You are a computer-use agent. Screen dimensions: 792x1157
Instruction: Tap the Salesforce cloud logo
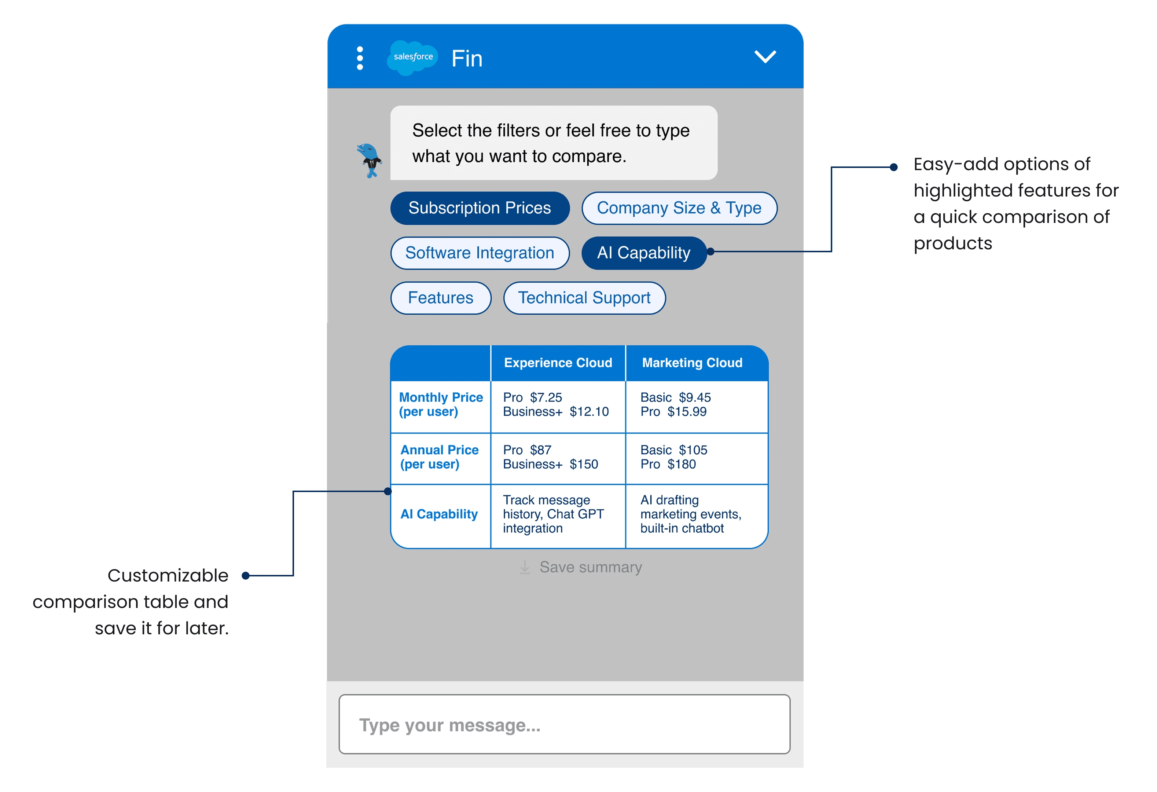[x=413, y=58]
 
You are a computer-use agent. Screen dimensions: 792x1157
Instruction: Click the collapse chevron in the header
[x=765, y=57]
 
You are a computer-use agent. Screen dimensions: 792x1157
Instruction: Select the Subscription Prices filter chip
[x=480, y=208]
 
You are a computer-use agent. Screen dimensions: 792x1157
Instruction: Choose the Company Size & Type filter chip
[x=679, y=208]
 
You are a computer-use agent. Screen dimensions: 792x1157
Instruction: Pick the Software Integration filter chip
[x=480, y=253]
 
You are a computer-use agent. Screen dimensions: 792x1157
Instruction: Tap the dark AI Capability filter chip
[x=644, y=253]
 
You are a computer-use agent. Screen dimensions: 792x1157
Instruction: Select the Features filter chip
[x=441, y=298]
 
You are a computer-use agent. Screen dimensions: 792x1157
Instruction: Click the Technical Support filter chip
[x=584, y=298]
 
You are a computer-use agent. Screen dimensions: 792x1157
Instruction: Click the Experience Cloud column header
[x=558, y=363]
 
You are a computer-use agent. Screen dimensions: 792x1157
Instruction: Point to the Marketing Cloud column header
[x=692, y=363]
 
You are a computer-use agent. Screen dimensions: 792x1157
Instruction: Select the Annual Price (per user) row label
[x=440, y=457]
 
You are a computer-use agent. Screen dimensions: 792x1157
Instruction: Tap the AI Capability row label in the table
[x=439, y=514]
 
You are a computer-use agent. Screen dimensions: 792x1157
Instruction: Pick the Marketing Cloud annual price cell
[x=673, y=457]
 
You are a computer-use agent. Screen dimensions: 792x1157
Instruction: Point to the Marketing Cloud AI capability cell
[x=691, y=514]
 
